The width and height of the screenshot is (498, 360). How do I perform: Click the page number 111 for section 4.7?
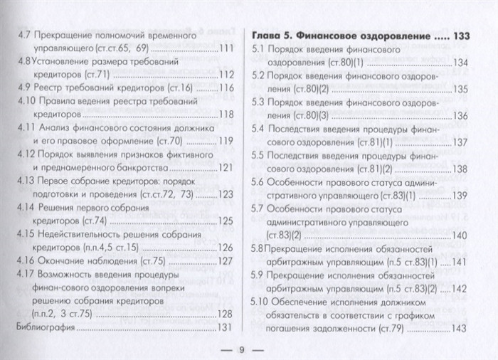[227, 48]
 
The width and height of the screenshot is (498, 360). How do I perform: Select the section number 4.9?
[23, 88]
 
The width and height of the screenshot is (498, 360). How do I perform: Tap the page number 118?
[227, 114]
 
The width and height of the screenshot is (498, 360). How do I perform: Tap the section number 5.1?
[262, 50]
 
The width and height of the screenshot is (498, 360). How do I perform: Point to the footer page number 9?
[241, 349]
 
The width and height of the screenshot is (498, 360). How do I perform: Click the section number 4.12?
[26, 154]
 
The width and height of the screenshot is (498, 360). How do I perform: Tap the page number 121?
[227, 168]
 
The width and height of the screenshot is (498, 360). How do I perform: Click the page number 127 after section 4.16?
[227, 261]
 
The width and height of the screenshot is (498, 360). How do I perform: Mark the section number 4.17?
[26, 275]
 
